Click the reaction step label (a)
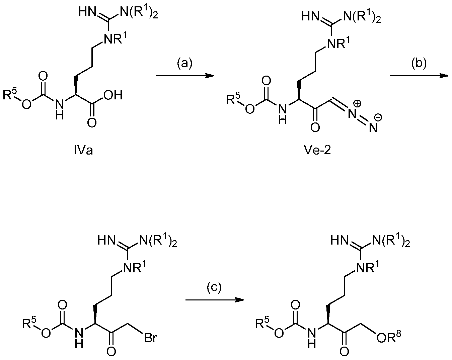pyautogui.click(x=184, y=63)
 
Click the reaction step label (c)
pyautogui.click(x=214, y=288)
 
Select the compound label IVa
pyautogui.click(x=83, y=151)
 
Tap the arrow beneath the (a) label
pyautogui.click(x=184, y=76)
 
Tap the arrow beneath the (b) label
pyautogui.click(x=419, y=76)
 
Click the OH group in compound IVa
pyautogui.click(x=112, y=95)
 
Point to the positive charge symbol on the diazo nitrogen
pyautogui.click(x=358, y=104)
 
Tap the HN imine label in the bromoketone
pyautogui.click(x=106, y=241)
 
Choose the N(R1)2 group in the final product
pyautogui.click(x=391, y=241)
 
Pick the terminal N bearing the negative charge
pyautogui.click(x=373, y=127)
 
